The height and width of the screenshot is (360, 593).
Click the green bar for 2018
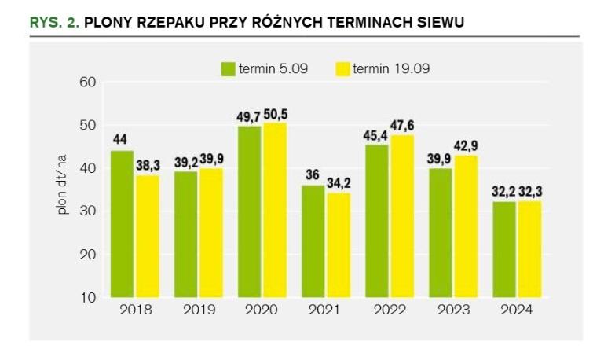click(x=122, y=224)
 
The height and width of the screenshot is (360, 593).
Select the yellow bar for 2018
click(x=146, y=236)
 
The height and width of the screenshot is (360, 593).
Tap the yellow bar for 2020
click(x=274, y=210)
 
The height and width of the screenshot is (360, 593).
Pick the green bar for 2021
click(x=313, y=241)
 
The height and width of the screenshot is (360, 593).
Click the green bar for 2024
click(x=504, y=249)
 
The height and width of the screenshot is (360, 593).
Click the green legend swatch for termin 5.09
click(x=228, y=68)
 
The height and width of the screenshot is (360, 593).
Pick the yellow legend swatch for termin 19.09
click(x=342, y=68)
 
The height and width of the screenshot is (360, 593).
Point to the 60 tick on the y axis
click(x=87, y=82)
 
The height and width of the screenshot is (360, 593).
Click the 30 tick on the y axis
click(x=87, y=211)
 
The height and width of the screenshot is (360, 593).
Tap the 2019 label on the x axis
click(x=199, y=310)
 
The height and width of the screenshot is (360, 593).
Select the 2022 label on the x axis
click(x=389, y=310)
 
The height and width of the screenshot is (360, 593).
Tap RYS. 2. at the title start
click(x=54, y=23)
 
